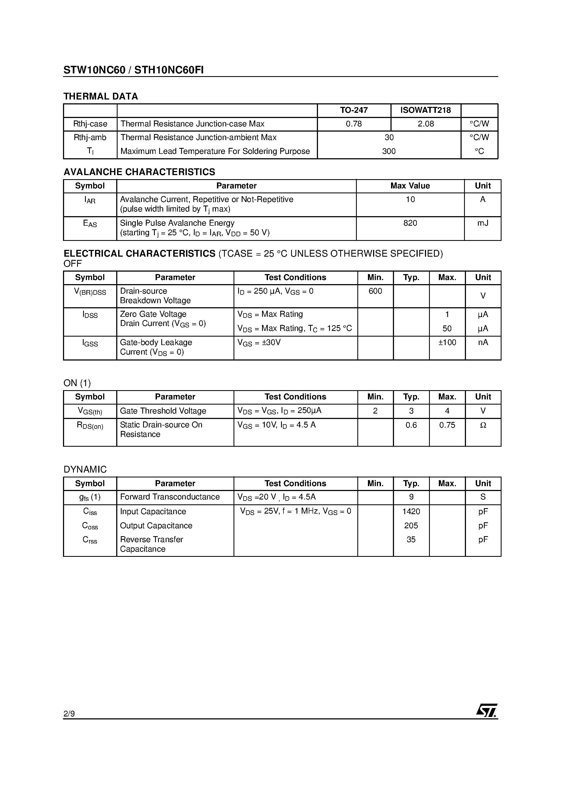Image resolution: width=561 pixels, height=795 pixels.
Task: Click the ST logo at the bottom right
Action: pos(487,711)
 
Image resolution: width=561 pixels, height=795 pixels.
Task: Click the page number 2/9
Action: pos(69,714)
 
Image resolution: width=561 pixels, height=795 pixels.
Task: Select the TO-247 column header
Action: pos(354,110)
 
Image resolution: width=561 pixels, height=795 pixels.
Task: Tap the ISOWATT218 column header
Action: pos(426,110)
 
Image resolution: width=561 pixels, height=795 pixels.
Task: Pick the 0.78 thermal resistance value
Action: pos(354,124)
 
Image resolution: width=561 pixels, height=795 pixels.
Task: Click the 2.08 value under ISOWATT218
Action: pos(426,124)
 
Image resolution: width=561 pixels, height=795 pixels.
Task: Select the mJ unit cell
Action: pos(483,223)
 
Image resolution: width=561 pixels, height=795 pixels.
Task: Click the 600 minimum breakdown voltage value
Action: pos(375,291)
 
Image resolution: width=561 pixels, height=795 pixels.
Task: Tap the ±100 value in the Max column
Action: pos(447,343)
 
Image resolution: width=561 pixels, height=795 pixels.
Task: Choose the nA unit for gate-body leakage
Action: pos(483,343)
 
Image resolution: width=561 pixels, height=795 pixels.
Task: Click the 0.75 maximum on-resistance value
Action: pos(447,425)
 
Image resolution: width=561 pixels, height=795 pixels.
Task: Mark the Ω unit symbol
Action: pos(483,425)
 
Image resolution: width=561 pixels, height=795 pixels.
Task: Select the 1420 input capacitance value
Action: pos(411,511)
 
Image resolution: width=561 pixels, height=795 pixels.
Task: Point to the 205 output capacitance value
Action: pos(411,526)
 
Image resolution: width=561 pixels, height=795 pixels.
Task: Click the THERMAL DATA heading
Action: pos(101,96)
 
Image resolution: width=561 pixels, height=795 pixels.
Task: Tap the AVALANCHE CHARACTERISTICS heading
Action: pos(139,172)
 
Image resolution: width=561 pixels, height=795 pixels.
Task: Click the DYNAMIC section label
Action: pos(85,470)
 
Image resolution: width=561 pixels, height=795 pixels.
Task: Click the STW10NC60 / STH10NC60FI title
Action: pos(134,70)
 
